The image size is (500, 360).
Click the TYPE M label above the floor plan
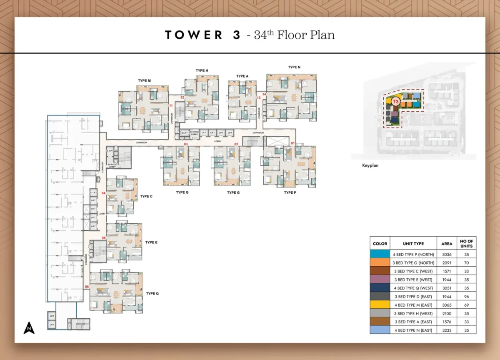pyautogui.click(x=144, y=80)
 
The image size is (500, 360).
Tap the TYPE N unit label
pyautogui.click(x=294, y=67)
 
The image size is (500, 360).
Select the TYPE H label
pyautogui.click(x=202, y=71)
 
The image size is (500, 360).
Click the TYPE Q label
pyautogui.click(x=152, y=293)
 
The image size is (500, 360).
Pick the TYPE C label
pyautogui.click(x=146, y=196)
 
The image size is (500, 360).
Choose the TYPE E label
pyautogui.click(x=151, y=242)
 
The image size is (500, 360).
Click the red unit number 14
pyautogui.click(x=264, y=95)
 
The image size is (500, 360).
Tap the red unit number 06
pyautogui.click(x=87, y=287)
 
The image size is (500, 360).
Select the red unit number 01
pyautogui.click(x=292, y=144)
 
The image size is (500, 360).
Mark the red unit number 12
pyautogui.click(x=182, y=97)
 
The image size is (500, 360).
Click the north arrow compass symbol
pyautogui.click(x=29, y=328)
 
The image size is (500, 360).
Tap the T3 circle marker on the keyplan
pyautogui.click(x=396, y=101)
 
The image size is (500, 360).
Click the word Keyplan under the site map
pyautogui.click(x=370, y=165)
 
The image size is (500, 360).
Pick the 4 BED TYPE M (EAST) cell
pyautogui.click(x=413, y=305)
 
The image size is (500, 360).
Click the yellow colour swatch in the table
pyautogui.click(x=380, y=305)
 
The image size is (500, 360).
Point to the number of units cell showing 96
pyautogui.click(x=466, y=296)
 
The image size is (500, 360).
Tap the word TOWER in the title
pyautogui.click(x=194, y=35)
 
